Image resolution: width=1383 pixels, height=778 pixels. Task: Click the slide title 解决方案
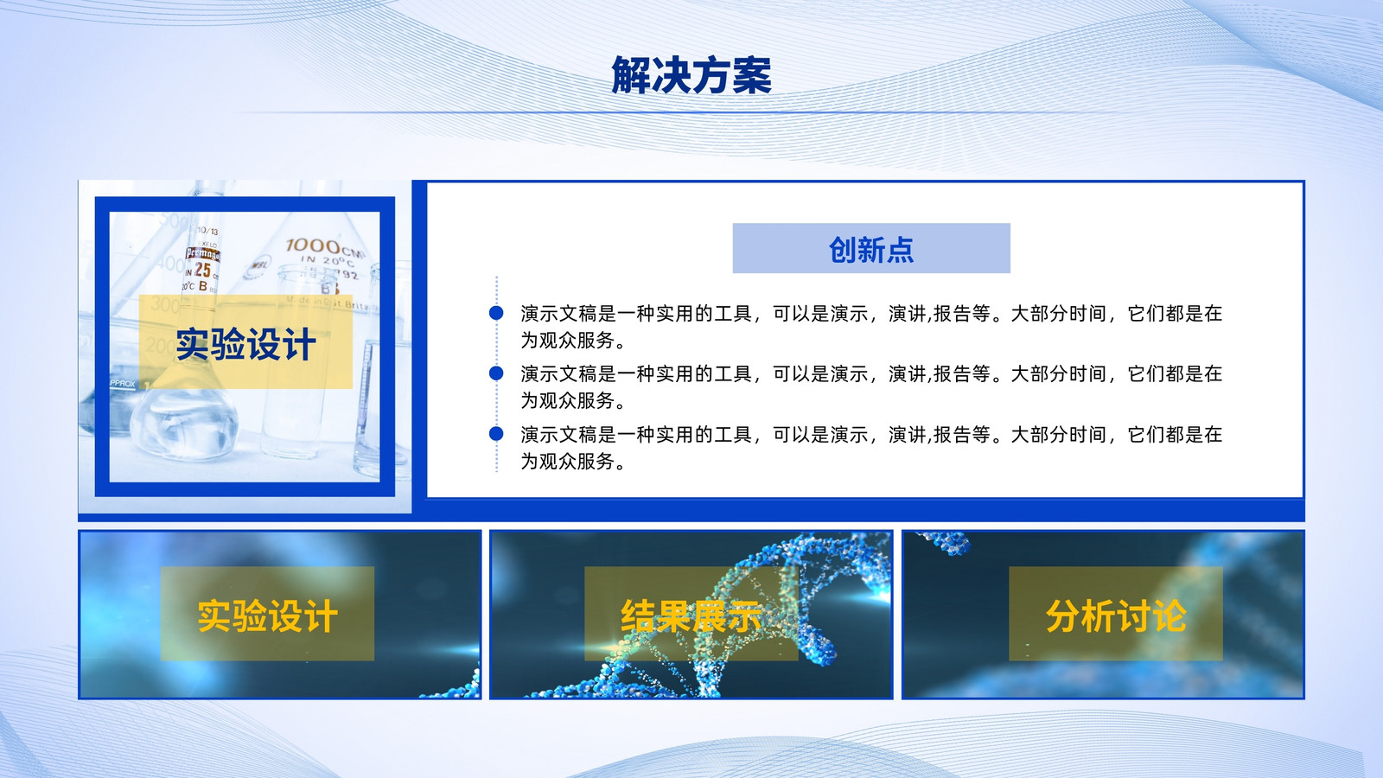tap(691, 75)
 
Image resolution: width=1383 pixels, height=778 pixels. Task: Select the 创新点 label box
tap(871, 248)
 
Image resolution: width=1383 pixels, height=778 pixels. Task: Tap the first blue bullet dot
tap(496, 313)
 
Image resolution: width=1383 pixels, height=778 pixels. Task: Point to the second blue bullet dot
tap(496, 373)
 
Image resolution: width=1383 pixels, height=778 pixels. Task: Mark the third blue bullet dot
tap(496, 433)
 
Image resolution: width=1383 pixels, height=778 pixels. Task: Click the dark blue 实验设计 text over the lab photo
tap(245, 344)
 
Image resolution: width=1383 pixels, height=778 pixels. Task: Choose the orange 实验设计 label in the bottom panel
tap(267, 615)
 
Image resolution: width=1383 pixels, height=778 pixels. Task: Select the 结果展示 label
tap(691, 615)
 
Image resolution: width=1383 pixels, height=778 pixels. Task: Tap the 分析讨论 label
tap(1116, 615)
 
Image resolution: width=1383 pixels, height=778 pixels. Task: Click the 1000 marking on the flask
tap(313, 246)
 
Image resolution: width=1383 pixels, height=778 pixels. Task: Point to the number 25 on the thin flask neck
tap(202, 270)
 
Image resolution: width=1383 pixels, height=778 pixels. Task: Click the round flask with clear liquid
tap(184, 423)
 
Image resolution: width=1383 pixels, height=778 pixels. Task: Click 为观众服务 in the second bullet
tap(567, 401)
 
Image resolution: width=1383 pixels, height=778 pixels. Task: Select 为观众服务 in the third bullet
tap(567, 462)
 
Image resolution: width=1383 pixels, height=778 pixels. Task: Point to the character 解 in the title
tap(630, 75)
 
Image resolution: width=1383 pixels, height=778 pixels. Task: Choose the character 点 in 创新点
tap(900, 250)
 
